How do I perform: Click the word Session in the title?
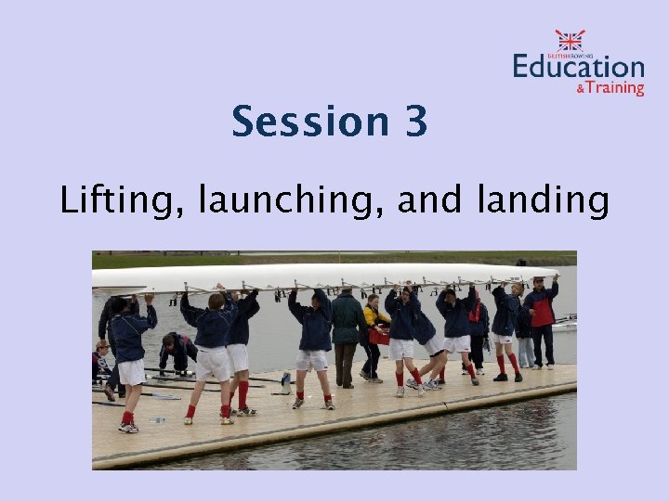click(299, 122)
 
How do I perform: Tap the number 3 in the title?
click(415, 122)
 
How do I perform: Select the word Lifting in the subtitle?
click(114, 200)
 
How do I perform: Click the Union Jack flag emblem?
click(571, 39)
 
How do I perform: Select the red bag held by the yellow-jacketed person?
click(379, 336)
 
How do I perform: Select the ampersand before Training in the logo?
click(581, 89)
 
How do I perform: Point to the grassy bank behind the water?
click(334, 260)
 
